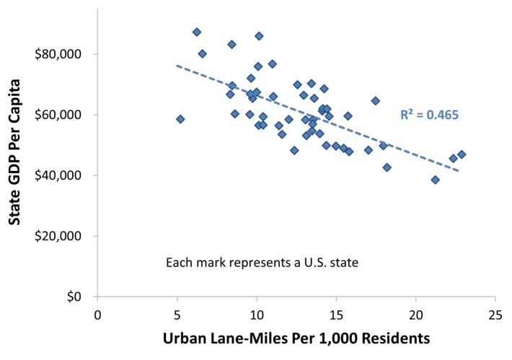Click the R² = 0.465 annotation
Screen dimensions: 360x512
click(x=429, y=115)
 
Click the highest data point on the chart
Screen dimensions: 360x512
click(x=197, y=32)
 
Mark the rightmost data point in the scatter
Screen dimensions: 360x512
click(x=462, y=154)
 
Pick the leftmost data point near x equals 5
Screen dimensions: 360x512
click(x=180, y=119)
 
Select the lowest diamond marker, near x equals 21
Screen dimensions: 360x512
click(x=435, y=180)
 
